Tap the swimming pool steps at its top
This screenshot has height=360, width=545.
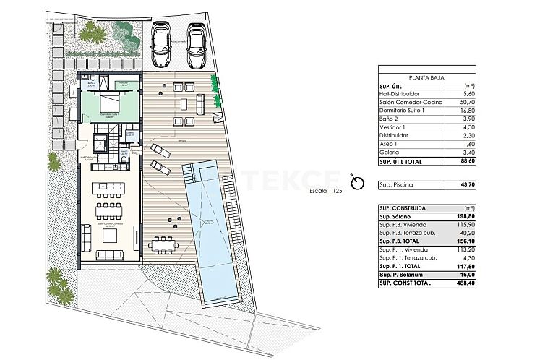190,173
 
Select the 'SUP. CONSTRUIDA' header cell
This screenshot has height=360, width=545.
402,207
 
